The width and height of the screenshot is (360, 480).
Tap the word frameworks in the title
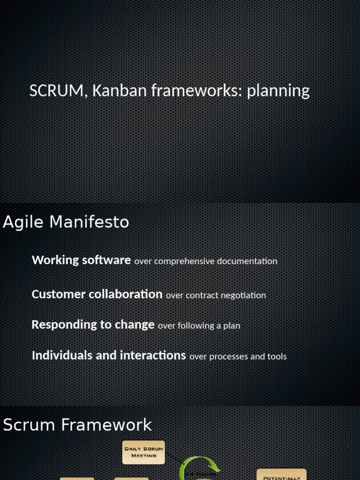coord(195,90)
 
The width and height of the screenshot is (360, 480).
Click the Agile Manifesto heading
coord(66,222)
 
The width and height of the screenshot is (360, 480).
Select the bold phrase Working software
coord(81,260)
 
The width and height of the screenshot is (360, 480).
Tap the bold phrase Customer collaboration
coord(97,294)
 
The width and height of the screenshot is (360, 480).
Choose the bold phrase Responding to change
coord(93,325)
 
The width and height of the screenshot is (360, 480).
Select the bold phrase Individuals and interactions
coord(109,355)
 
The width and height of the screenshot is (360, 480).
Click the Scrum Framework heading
coord(77,425)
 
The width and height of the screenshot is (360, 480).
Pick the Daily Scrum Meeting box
coord(143,452)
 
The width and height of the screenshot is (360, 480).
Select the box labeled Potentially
coord(282,475)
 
